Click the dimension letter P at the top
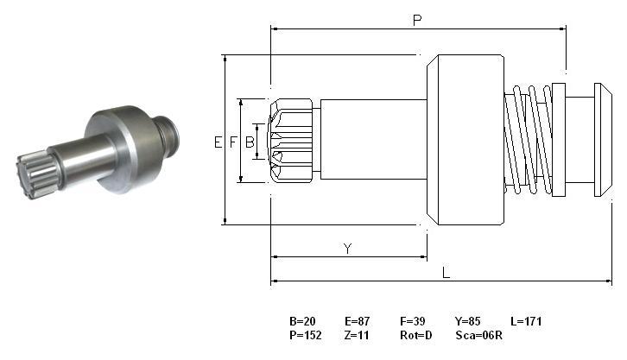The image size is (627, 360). coord(417,20)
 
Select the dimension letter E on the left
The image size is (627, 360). coord(218,142)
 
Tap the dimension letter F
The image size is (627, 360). coord(233,142)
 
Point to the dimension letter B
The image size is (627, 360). coord(250,142)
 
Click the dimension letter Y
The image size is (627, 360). coord(347,249)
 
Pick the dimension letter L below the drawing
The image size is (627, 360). coord(446,273)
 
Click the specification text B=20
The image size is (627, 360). coord(302,321)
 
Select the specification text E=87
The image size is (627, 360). coord(357,321)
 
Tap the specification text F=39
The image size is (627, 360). coord(412,321)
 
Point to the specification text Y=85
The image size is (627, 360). coord(467,321)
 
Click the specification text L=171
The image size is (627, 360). coord(526,321)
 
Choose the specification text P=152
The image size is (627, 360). coord(306,335)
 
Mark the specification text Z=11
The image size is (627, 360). coord(357,335)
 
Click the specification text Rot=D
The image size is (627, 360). coord(416,335)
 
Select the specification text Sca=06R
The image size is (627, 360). coord(478,335)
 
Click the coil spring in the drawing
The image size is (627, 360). coord(528,140)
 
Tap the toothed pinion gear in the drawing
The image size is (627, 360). coord(291,141)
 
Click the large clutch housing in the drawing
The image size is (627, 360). coord(465,140)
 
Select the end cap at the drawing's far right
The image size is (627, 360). coord(603,140)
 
